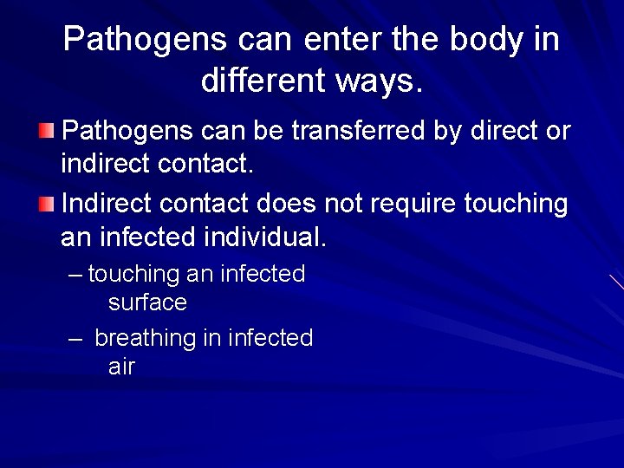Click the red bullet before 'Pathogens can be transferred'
pos(45,131)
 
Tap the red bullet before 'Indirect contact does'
pos(45,205)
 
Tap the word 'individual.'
pos(277,236)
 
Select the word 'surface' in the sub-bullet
pos(147,302)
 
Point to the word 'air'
pos(121,367)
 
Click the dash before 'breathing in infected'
pos(75,338)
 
